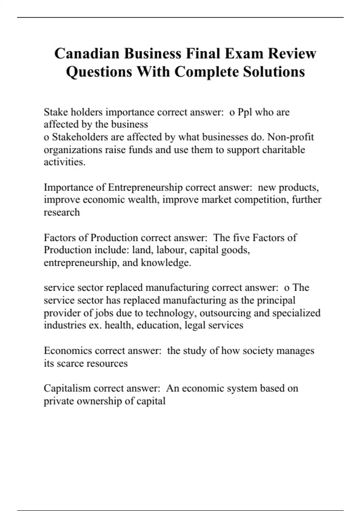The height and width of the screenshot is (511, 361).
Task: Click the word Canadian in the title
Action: point(88,54)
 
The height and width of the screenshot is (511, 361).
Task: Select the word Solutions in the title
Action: point(274,72)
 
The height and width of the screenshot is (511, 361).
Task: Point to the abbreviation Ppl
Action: point(245,112)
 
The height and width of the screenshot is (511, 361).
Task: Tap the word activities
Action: point(64,162)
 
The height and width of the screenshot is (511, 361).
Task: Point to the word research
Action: point(62,212)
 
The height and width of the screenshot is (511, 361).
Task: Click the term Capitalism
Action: point(67,388)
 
